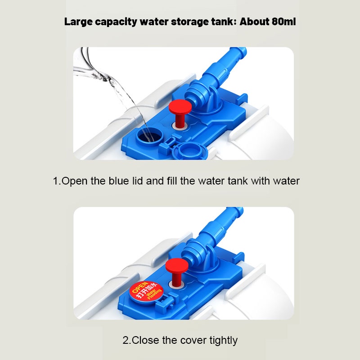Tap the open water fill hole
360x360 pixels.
tap(150, 137)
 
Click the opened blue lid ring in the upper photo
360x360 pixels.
tap(189, 151)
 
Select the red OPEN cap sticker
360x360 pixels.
tap(146, 292)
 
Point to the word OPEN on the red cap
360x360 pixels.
tap(140, 287)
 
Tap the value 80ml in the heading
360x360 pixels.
tap(284, 22)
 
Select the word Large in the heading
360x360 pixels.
tap(78, 22)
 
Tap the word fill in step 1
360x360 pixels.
tap(172, 181)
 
